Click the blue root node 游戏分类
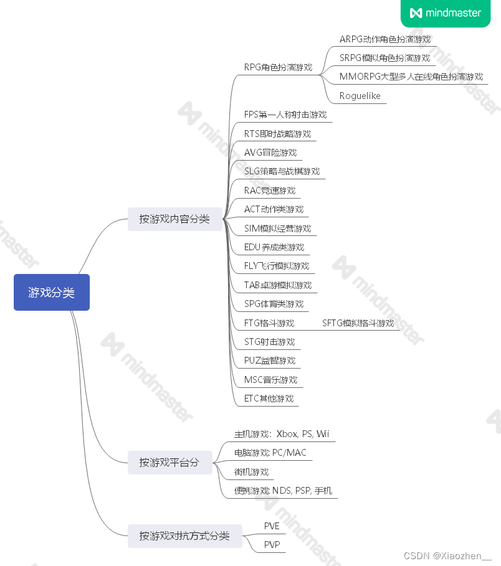(x=51, y=292)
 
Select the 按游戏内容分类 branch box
(x=174, y=219)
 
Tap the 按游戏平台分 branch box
(x=169, y=463)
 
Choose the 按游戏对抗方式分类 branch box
(x=184, y=535)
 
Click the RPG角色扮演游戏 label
(x=278, y=67)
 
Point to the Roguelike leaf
(x=360, y=96)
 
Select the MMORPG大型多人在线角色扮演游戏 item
(x=411, y=77)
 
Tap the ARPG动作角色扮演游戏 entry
(x=384, y=39)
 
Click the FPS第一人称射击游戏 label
(x=285, y=115)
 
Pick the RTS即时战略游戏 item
(x=277, y=134)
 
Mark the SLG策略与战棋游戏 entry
(x=282, y=171)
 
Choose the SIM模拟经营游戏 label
(x=277, y=229)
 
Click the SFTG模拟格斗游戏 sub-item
(x=358, y=323)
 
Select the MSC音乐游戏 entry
(x=270, y=380)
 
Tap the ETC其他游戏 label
(x=269, y=399)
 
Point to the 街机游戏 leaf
(x=251, y=472)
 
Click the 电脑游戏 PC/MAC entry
(x=270, y=453)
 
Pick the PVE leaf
(x=272, y=526)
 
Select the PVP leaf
(x=272, y=545)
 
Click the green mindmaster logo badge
(x=446, y=13)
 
